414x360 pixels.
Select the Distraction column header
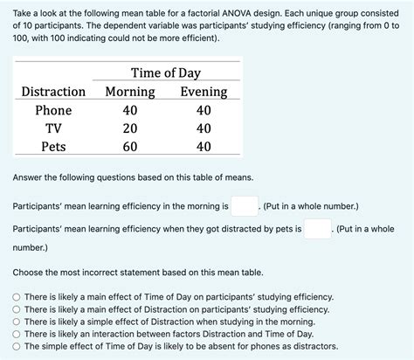coord(53,92)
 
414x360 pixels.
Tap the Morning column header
coord(130,92)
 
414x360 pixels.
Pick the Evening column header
coord(204,92)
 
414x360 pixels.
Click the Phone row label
coord(53,111)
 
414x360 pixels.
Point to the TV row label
coord(53,128)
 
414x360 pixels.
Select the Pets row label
coord(53,147)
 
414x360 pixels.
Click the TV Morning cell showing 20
coord(130,128)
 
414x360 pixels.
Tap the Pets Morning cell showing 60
coord(130,147)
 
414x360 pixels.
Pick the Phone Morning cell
coord(130,111)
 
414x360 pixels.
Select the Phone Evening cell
coord(204,111)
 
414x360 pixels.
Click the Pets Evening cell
coord(204,147)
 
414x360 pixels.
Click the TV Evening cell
coord(204,128)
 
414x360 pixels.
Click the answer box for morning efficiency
coord(245,206)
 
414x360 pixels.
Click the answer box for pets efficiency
coord(318,229)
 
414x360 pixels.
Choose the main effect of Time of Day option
coord(17,297)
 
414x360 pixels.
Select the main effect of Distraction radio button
coord(17,309)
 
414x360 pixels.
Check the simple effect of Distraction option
coord(17,322)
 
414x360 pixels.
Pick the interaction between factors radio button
coord(17,334)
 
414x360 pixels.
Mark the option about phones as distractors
coord(17,346)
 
